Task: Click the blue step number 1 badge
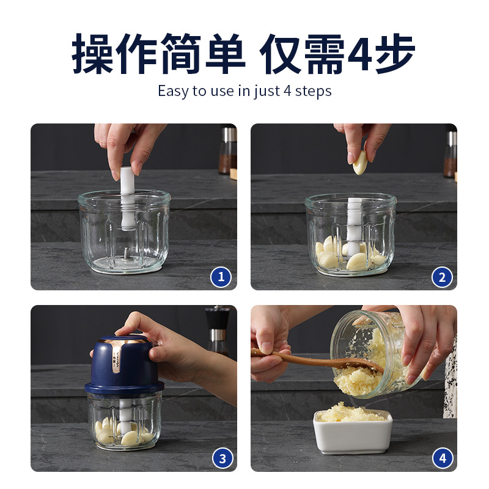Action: pyautogui.click(x=221, y=277)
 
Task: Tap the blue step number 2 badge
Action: pyautogui.click(x=442, y=278)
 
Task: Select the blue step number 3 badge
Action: pyautogui.click(x=222, y=458)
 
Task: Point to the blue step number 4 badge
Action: pyautogui.click(x=443, y=458)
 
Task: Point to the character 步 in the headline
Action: pyautogui.click(x=395, y=54)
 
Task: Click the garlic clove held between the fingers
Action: pyautogui.click(x=360, y=163)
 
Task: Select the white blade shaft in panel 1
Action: pyautogui.click(x=128, y=198)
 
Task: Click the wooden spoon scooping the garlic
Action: pyautogui.click(x=315, y=361)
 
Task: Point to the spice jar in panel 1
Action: pyautogui.click(x=228, y=150)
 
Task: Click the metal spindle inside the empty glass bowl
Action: pyautogui.click(x=127, y=253)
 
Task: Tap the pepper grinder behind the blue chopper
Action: pyautogui.click(x=217, y=330)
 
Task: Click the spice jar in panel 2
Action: pyautogui.click(x=450, y=154)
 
